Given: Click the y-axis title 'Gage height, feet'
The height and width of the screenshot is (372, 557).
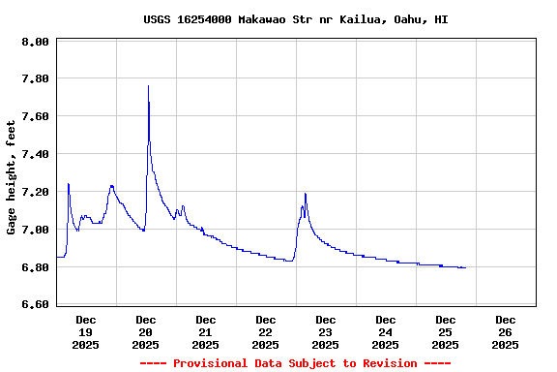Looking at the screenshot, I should tap(12, 177).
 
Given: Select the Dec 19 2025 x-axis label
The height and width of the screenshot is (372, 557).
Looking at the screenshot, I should tap(86, 331).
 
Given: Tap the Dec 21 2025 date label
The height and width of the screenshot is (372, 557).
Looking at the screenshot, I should tap(206, 331).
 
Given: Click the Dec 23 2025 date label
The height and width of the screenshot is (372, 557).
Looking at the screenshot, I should tap(326, 331).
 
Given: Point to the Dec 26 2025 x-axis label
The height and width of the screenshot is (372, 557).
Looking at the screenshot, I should tap(505, 331).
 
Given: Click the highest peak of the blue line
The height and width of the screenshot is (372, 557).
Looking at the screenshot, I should tap(148, 86).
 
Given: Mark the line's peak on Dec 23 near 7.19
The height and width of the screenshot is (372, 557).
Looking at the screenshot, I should tap(305, 194).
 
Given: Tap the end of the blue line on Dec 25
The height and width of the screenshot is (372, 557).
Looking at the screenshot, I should tap(465, 267).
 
